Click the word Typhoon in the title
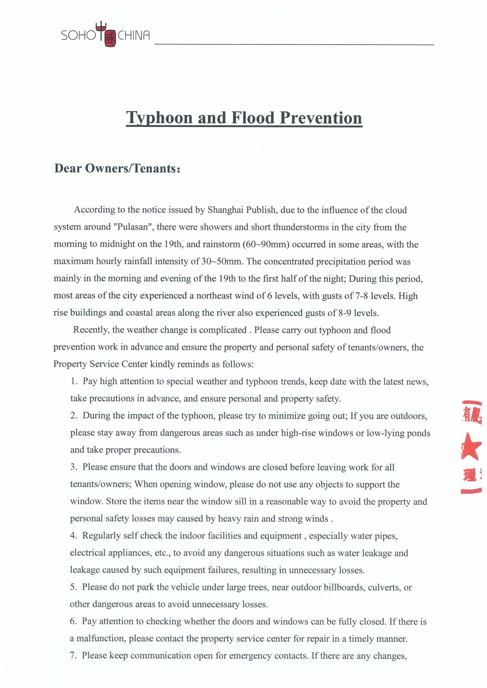pos(159,118)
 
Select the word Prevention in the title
pos(321,118)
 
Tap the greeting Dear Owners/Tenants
pos(117,168)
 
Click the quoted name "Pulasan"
pos(133,227)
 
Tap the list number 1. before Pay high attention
pos(74,381)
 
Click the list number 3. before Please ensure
pos(74,467)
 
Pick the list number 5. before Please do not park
pos(74,587)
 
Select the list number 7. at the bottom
pos(74,655)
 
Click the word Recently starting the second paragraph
pos(91,330)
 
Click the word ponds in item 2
pos(419,433)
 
